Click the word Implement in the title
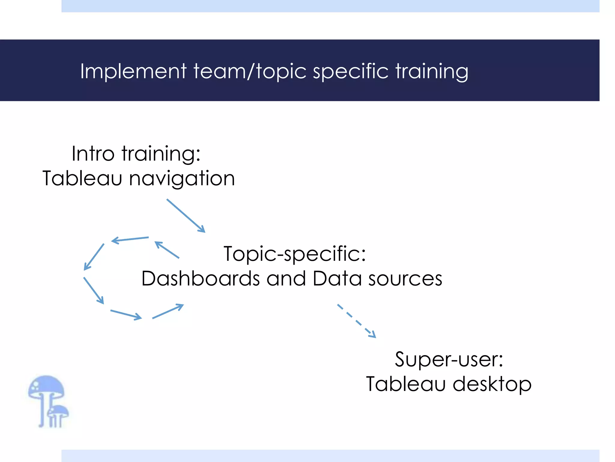click(x=133, y=71)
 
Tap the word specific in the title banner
click(x=350, y=71)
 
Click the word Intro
click(x=93, y=154)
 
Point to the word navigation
click(x=182, y=179)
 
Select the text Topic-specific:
click(x=295, y=254)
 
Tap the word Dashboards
click(x=200, y=279)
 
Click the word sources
click(x=405, y=279)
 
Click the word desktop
click(x=492, y=384)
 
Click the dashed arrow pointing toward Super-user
click(x=357, y=321)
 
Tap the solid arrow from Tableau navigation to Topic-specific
click(x=186, y=215)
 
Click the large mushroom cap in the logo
click(x=46, y=387)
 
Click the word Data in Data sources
click(x=337, y=279)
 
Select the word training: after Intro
click(x=161, y=154)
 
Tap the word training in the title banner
click(x=432, y=71)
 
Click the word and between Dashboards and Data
click(x=286, y=279)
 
